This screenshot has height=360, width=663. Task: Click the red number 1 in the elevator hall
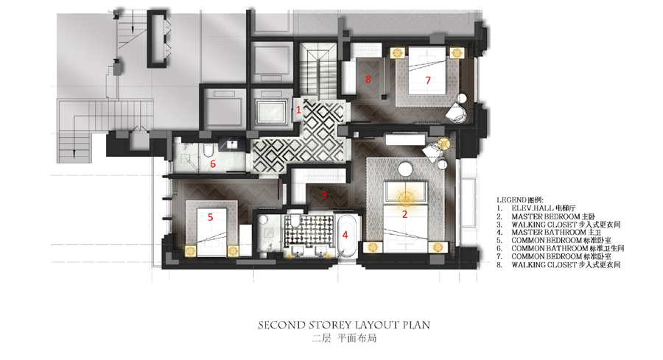[298, 110]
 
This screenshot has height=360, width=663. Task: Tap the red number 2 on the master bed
[404, 214]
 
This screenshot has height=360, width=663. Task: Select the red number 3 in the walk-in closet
[324, 195]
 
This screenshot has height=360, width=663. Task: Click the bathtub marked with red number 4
[348, 236]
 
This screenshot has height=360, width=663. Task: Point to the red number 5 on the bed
[210, 217]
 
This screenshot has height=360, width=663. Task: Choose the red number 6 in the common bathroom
[213, 163]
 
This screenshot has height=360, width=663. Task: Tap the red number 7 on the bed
[428, 80]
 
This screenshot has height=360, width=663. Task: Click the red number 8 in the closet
[368, 79]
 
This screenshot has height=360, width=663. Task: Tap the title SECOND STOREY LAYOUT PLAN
[344, 325]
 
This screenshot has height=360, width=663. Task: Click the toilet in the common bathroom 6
[208, 150]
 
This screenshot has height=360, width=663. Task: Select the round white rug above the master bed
[405, 169]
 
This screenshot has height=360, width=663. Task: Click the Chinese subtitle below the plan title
[344, 339]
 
